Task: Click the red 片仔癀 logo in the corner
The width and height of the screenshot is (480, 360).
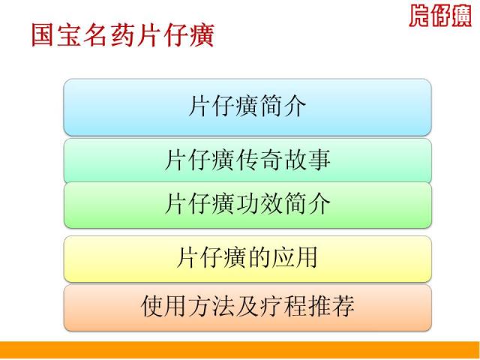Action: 440,16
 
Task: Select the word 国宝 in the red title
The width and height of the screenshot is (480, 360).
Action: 57,35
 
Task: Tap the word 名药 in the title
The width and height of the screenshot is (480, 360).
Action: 109,35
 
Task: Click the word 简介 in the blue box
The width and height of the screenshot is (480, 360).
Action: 283,106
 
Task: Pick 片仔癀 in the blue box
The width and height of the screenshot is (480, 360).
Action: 223,106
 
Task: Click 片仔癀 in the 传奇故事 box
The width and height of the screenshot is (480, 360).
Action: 200,160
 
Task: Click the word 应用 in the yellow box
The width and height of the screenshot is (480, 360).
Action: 295,257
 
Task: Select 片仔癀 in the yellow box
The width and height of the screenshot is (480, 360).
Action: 212,257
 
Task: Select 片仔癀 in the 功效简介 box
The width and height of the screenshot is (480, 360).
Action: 200,203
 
